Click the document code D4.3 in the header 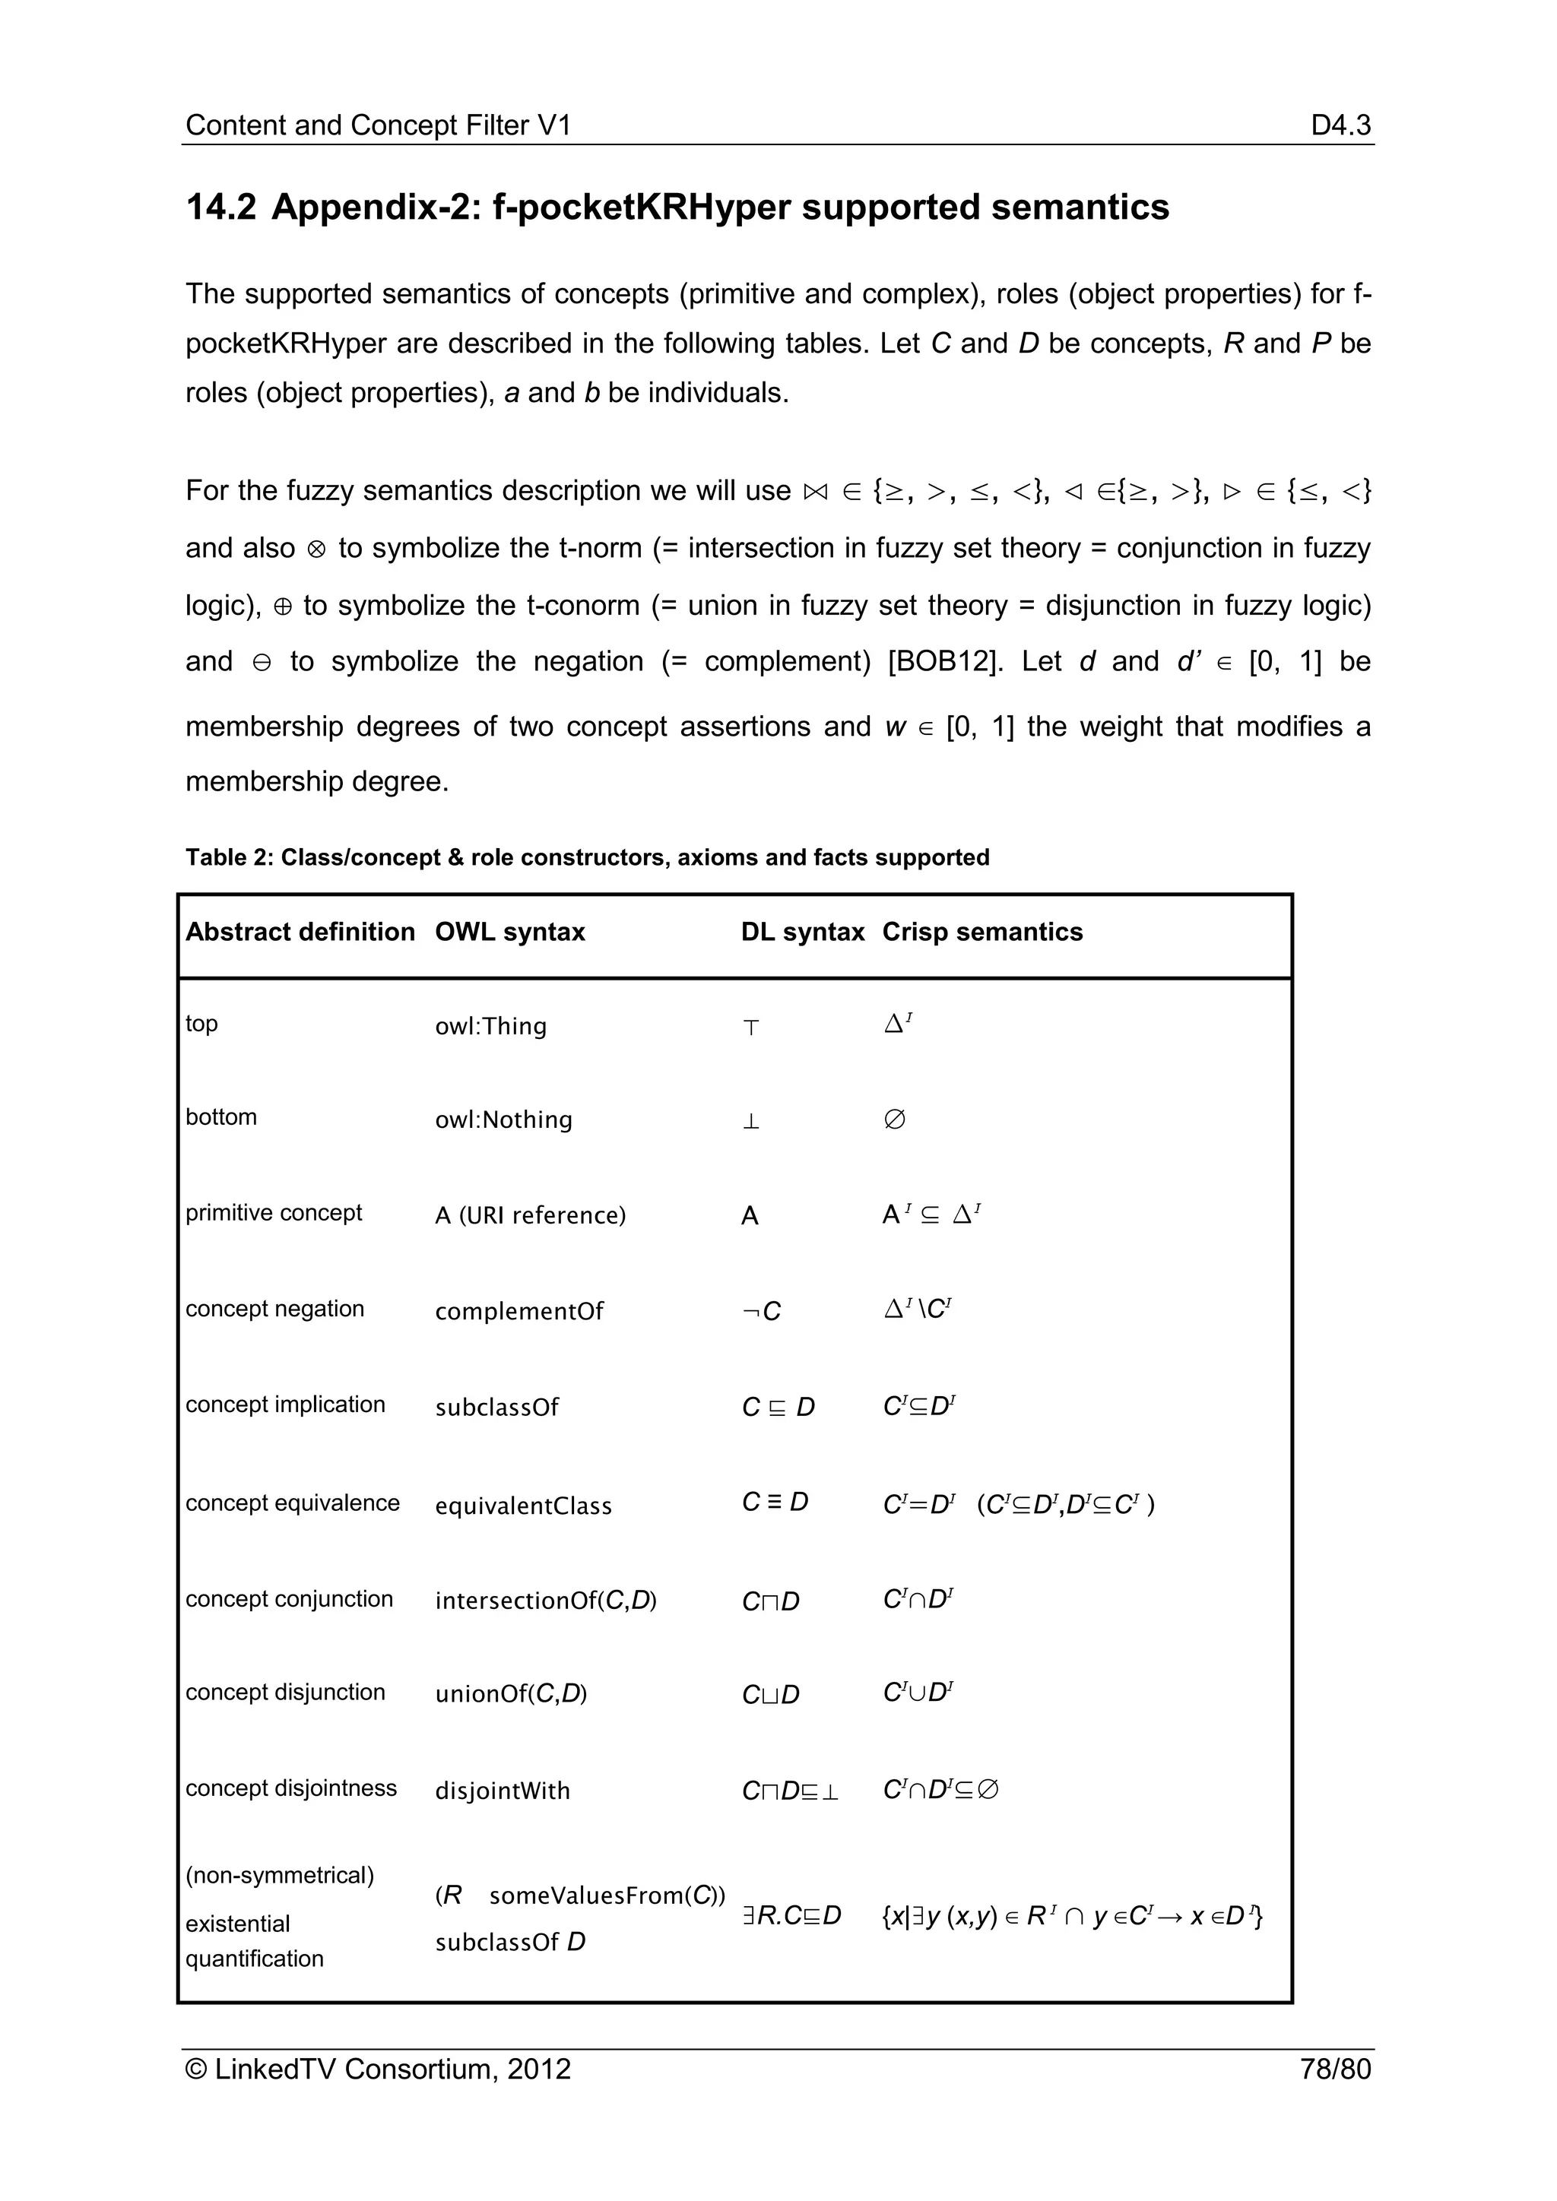pos(1340,125)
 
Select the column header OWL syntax pos(509,932)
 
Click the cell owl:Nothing pos(503,1120)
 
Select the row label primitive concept pos(273,1213)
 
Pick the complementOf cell pos(518,1310)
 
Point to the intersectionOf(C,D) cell pos(544,1600)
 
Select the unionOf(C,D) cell pos(510,1694)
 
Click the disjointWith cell pos(502,1790)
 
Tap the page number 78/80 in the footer pos(1334,2069)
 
